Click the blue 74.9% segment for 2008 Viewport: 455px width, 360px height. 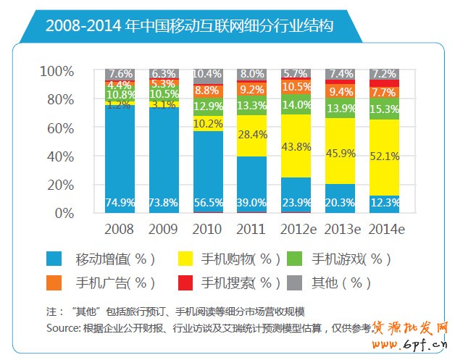pyautogui.click(x=120, y=159)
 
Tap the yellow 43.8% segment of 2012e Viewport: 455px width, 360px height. pyautogui.click(x=296, y=146)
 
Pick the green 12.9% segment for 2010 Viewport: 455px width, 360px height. pyautogui.click(x=208, y=107)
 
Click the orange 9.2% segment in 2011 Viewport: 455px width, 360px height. pyautogui.click(x=252, y=90)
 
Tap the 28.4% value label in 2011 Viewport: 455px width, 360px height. pyautogui.click(x=252, y=135)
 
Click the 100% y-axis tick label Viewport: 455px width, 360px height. pyautogui.click(x=56, y=71)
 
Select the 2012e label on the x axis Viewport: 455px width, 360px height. pyautogui.click(x=296, y=230)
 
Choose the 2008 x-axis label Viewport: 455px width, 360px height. pyautogui.click(x=120, y=230)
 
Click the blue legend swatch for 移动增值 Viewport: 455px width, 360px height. pyautogui.click(x=54, y=259)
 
